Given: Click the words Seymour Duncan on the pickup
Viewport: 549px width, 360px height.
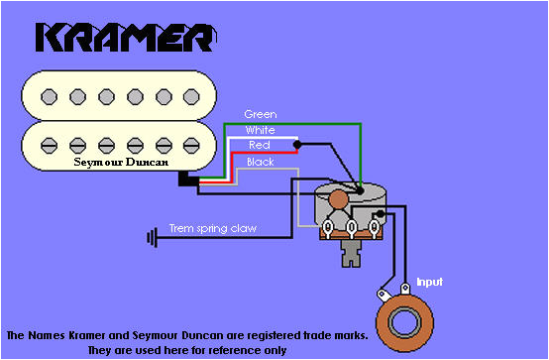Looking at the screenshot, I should [120, 161].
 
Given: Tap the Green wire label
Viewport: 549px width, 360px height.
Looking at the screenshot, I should [260, 114].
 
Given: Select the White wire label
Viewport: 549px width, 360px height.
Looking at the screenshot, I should [260, 130].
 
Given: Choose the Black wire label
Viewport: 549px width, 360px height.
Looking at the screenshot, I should [260, 161].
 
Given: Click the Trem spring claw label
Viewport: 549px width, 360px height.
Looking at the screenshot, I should [213, 228].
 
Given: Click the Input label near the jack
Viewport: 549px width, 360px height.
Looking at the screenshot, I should [428, 282].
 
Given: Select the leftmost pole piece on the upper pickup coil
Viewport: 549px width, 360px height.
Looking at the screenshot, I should [46, 96].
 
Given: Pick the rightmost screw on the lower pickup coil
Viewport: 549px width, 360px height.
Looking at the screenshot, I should [193, 143].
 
